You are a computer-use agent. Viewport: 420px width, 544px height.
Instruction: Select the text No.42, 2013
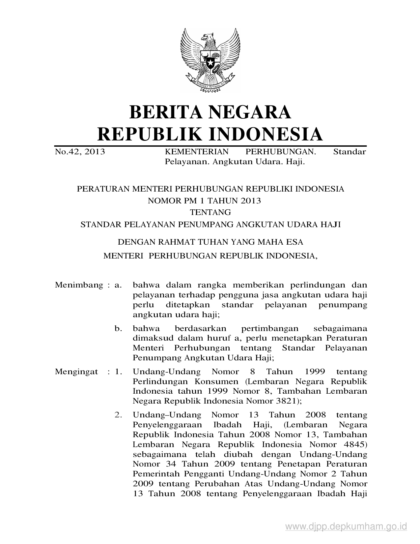click(x=80, y=152)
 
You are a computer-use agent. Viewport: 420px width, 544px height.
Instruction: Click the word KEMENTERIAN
click(x=196, y=152)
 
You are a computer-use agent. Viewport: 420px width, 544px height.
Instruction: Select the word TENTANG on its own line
click(x=210, y=212)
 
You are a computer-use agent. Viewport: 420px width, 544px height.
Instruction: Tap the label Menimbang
click(x=79, y=285)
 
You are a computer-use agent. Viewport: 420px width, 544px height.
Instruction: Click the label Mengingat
click(x=76, y=372)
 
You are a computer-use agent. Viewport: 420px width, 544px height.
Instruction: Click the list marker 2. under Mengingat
click(x=118, y=415)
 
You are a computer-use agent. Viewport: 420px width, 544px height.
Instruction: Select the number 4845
click(x=352, y=444)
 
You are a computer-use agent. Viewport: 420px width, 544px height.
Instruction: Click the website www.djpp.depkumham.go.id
click(x=346, y=527)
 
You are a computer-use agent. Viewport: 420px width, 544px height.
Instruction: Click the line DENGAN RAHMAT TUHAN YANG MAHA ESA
click(x=210, y=242)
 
